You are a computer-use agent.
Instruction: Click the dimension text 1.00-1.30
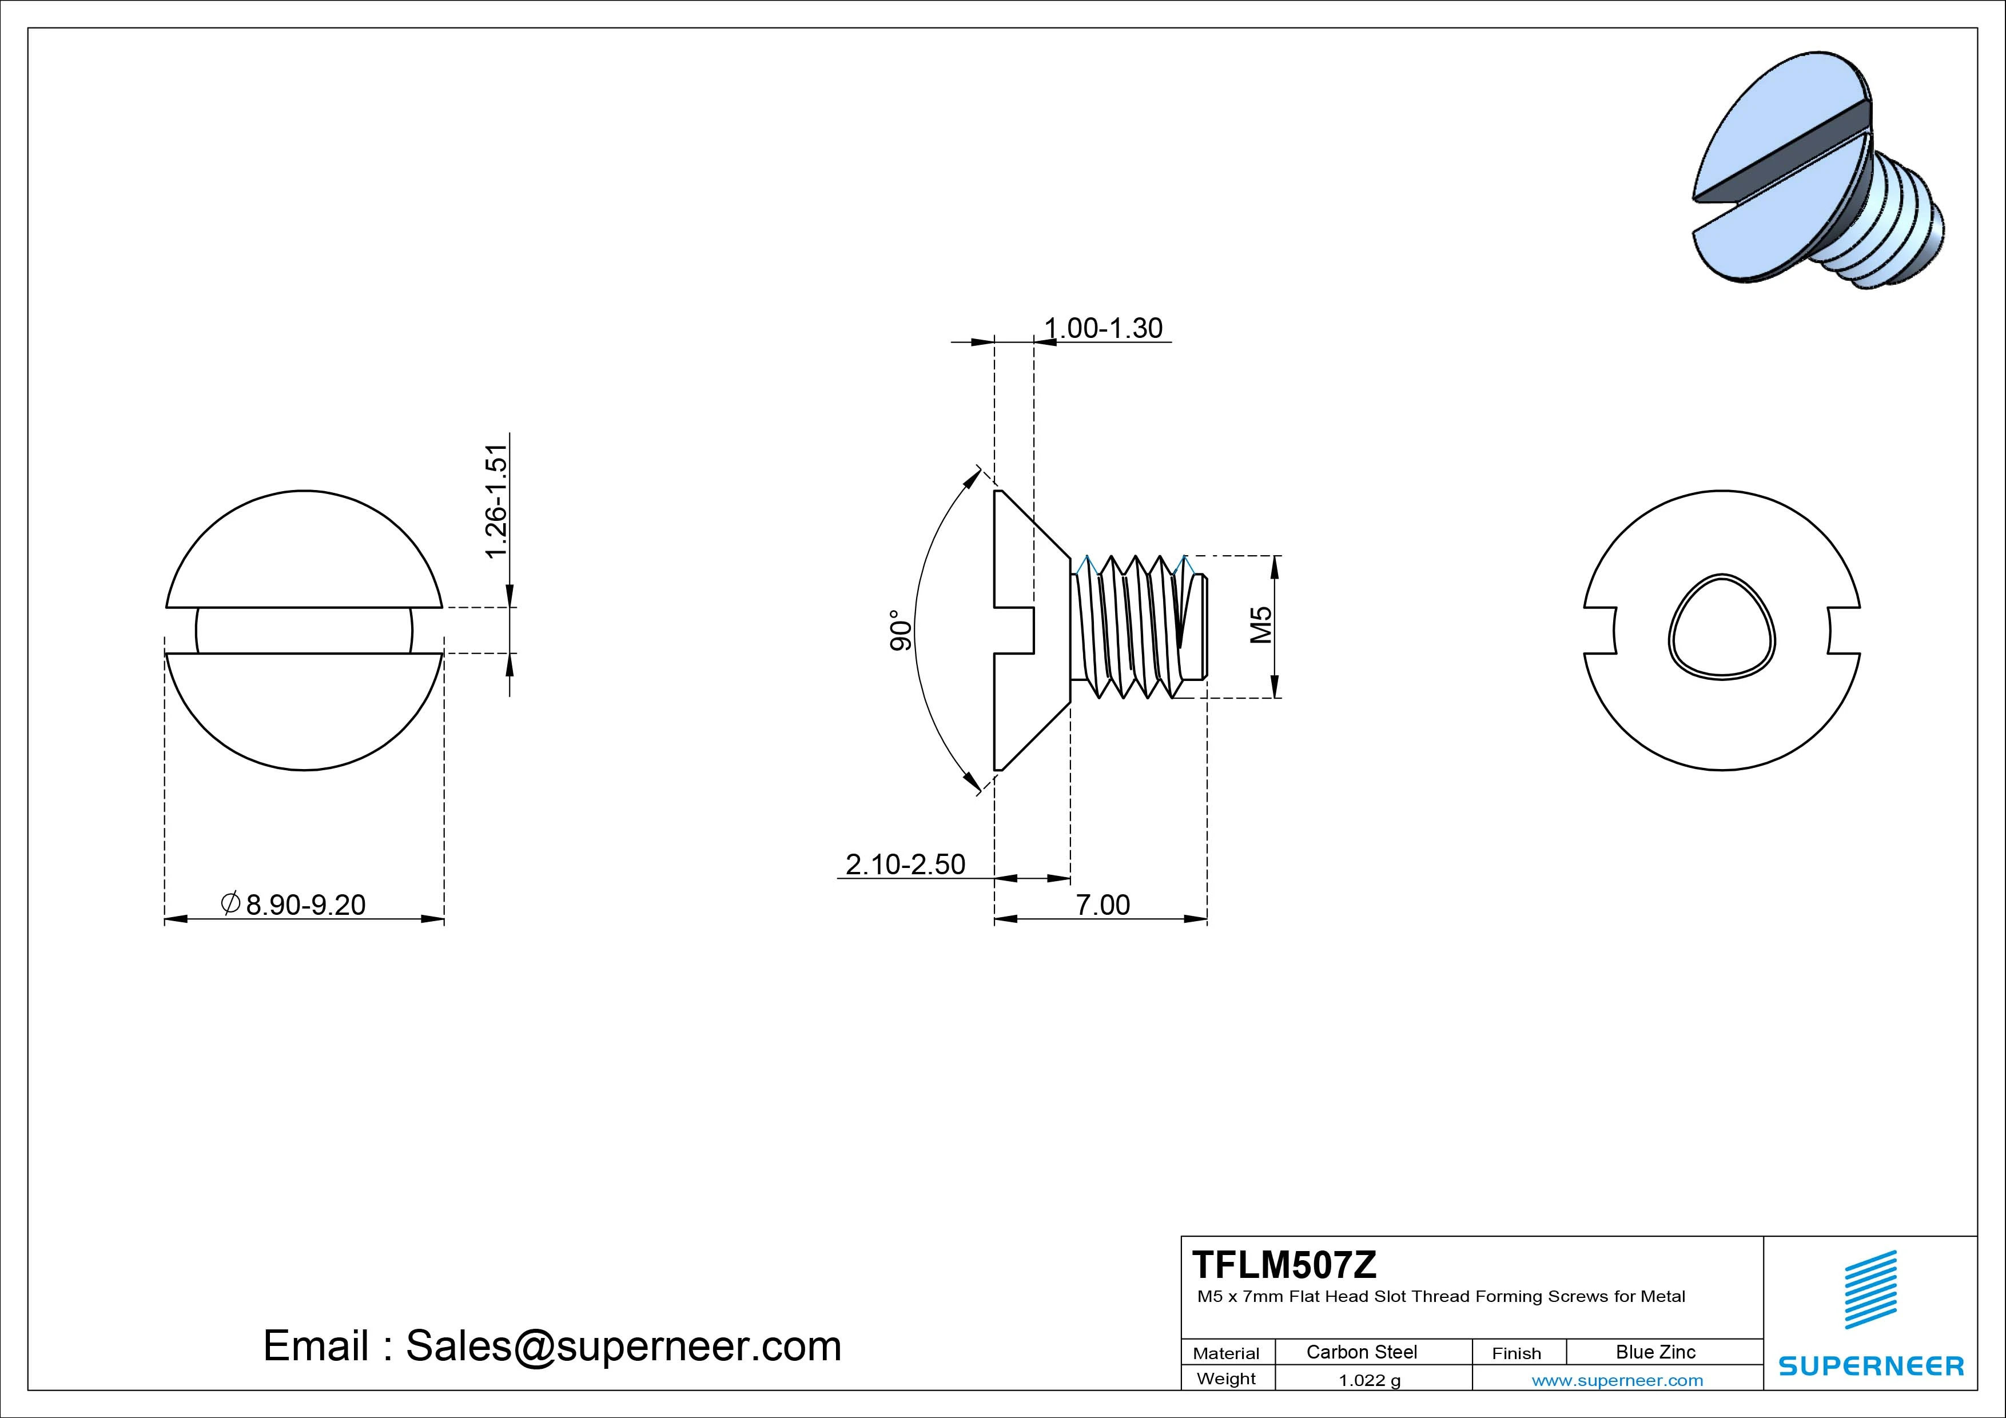1104,329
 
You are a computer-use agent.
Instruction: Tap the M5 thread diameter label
1261,625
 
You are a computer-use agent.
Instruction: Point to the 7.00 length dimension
1102,905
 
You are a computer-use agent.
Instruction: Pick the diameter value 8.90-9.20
305,905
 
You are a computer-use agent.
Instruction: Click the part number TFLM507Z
1284,1264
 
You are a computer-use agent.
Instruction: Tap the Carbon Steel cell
1361,1352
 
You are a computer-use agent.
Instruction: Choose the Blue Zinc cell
1655,1352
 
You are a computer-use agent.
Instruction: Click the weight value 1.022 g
1369,1380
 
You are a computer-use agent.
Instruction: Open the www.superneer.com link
1617,1380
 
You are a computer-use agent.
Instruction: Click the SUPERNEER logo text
1870,1365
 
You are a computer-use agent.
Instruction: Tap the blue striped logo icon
1870,1289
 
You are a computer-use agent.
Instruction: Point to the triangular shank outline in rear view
1721,627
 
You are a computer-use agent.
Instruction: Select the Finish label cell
1517,1352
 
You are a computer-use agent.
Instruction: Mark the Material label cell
1226,1352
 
